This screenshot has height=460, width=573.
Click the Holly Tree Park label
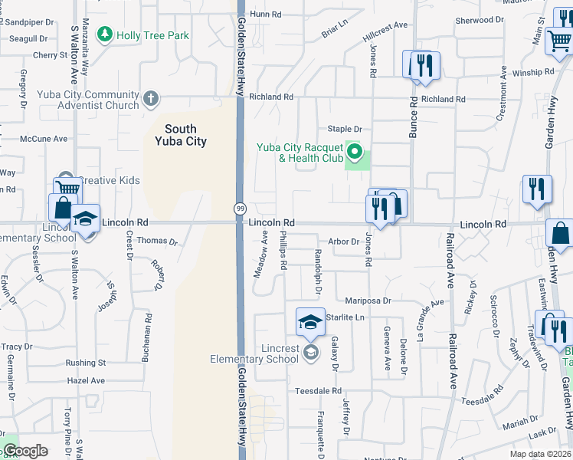[152, 34]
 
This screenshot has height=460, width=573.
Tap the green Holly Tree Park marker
[103, 34]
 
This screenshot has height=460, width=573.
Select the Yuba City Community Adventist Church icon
[152, 98]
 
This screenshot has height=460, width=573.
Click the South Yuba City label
[181, 135]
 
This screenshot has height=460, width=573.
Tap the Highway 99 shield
[239, 209]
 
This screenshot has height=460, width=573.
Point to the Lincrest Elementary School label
[254, 353]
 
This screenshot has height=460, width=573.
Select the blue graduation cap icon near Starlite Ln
[309, 322]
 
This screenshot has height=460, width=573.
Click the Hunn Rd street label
[267, 14]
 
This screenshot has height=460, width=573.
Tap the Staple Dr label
[344, 129]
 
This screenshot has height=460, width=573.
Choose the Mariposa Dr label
[368, 301]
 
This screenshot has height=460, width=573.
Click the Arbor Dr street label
[343, 242]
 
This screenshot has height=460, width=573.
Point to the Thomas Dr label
[157, 241]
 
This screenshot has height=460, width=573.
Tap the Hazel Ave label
[85, 380]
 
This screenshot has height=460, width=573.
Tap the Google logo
[26, 452]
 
